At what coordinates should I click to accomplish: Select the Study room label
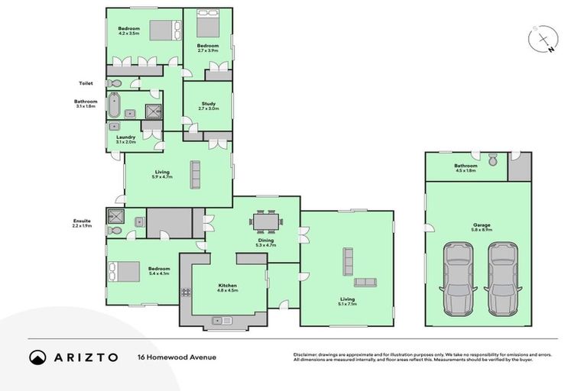coord(209,106)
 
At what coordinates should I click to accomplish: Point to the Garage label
coord(482,226)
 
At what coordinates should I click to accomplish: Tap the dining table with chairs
coord(266,222)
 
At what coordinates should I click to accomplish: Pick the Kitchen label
coord(228,287)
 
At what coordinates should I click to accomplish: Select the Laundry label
coord(125,140)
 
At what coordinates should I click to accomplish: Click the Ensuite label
coord(81,223)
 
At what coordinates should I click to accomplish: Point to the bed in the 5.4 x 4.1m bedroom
coord(125,272)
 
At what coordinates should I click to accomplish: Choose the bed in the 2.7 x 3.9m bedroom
coord(208,26)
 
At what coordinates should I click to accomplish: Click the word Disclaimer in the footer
coord(308,354)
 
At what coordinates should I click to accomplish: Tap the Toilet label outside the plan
coord(86,83)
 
